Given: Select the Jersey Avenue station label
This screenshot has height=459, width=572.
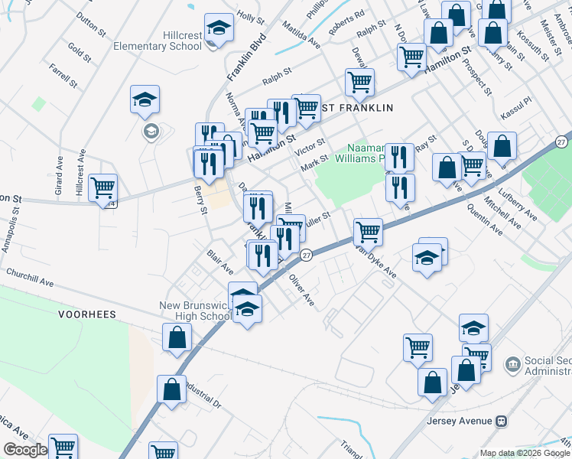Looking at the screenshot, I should (453, 421).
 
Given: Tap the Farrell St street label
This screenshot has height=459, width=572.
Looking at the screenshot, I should (63, 74).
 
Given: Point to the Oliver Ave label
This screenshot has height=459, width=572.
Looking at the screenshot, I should (301, 291).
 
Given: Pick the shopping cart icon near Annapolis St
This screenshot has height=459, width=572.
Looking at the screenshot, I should (102, 187).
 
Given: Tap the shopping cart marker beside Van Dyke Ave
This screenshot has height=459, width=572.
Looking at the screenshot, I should (369, 230).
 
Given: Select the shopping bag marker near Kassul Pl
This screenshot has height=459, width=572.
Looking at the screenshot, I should (502, 145).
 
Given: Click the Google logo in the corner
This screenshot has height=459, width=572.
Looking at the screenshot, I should (24, 450).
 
